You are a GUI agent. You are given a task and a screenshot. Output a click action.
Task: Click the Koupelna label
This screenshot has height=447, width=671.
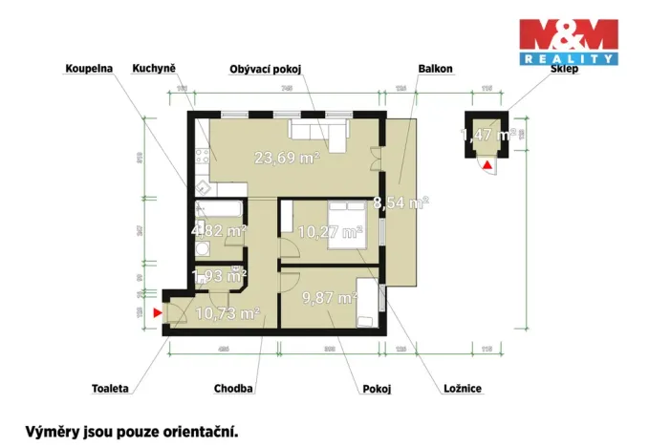pyautogui.click(x=89, y=69)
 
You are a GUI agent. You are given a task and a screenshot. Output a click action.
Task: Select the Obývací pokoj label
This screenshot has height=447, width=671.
pyautogui.click(x=267, y=69)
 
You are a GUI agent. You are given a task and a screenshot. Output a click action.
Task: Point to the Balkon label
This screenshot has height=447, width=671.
pyautogui.click(x=435, y=69)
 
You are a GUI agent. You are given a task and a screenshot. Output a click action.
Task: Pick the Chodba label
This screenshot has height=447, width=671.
pyautogui.click(x=233, y=390)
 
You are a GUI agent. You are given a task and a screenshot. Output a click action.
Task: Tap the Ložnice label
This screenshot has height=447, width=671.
pyautogui.click(x=463, y=390)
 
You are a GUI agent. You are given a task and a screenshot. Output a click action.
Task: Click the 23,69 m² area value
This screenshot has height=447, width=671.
pyautogui.click(x=286, y=159)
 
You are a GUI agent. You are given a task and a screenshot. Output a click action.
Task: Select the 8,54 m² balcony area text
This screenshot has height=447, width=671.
pyautogui.click(x=400, y=202)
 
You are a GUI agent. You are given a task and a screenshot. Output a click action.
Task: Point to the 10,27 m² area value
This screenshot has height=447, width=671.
pyautogui.click(x=331, y=231)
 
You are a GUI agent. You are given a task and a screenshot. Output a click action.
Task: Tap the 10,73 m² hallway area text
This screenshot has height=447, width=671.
pyautogui.click(x=228, y=312)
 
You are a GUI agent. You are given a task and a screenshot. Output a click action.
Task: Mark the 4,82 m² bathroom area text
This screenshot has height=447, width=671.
pyautogui.click(x=219, y=230)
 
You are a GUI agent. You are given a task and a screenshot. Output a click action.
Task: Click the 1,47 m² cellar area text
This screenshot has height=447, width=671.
pyautogui.click(x=488, y=136)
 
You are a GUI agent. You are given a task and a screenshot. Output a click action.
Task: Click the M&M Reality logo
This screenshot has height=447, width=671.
pyautogui.click(x=568, y=42)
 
